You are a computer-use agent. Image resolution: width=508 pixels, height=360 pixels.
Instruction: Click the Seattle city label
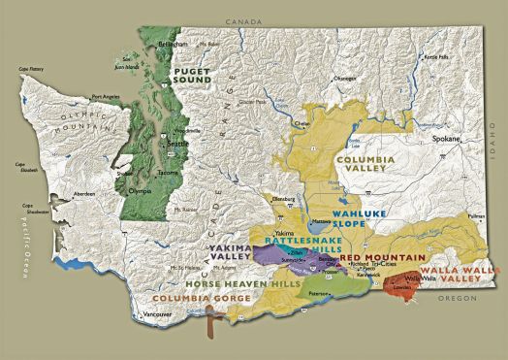[177, 143]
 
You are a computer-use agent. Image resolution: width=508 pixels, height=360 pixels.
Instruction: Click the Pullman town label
[476, 220]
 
